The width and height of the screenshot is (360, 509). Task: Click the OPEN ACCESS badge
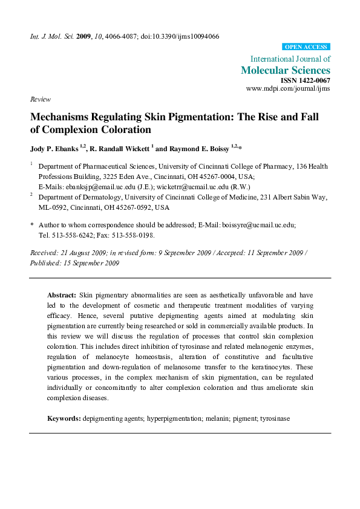tap(306, 47)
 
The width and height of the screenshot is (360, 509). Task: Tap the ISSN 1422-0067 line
tap(306, 80)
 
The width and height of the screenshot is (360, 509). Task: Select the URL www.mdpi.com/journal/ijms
tap(288, 89)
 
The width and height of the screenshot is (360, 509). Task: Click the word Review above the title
tap(40, 99)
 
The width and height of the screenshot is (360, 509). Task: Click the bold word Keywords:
tap(64, 418)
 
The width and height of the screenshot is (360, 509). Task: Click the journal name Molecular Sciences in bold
tap(286, 70)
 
